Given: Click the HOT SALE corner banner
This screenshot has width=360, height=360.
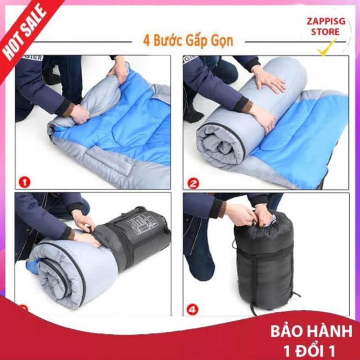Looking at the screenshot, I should tap(25, 32).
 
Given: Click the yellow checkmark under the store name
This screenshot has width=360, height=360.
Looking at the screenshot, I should tap(327, 47).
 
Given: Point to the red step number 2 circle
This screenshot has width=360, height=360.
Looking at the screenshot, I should tap(193, 183).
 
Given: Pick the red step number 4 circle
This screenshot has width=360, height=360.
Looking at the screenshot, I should tap(193, 310).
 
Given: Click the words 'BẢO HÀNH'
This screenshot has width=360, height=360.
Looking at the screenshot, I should tap(311, 331).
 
